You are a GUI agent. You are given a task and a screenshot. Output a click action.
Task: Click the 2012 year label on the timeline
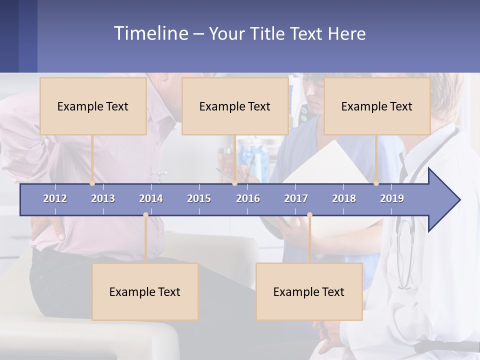[55, 198]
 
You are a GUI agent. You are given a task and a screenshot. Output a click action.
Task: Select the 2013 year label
[103, 198]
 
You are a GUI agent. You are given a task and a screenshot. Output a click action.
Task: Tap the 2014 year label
[151, 198]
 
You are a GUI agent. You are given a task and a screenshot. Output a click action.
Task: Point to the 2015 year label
[199, 198]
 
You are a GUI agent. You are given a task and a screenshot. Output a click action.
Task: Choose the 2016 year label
[248, 198]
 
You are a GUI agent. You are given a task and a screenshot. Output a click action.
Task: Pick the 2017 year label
[296, 198]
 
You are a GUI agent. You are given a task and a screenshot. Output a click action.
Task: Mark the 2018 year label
[344, 198]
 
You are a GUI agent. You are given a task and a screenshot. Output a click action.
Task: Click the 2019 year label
[392, 198]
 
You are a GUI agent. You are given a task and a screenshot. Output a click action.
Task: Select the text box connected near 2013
[93, 106]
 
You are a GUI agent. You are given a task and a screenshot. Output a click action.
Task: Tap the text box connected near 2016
[235, 106]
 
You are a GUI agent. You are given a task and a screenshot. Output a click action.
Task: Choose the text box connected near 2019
[377, 106]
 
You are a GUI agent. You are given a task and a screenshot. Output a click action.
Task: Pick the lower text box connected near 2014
[145, 291]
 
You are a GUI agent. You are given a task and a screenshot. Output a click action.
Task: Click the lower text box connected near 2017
[309, 291]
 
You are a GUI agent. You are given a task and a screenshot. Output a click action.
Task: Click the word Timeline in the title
[150, 33]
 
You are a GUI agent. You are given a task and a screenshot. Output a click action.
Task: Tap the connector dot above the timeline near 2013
[92, 183]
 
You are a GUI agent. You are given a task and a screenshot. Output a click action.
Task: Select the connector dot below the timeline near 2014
[145, 215]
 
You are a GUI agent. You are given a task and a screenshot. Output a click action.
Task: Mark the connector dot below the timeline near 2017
[309, 215]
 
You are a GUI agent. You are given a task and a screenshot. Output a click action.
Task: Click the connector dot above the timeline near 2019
[376, 183]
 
